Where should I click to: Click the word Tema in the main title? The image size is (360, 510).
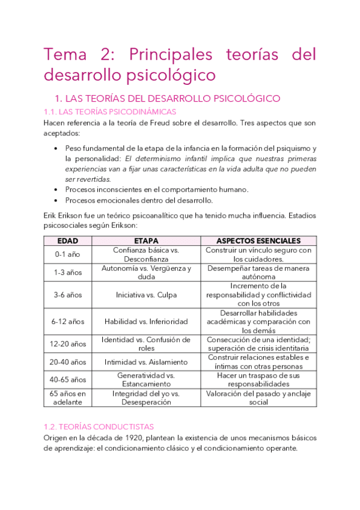[65, 55]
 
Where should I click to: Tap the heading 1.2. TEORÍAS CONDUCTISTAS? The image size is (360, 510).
[99, 426]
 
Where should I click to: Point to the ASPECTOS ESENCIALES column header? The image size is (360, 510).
[258, 241]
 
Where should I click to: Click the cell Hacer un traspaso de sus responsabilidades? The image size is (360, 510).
[258, 379]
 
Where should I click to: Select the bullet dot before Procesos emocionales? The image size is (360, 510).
[55, 200]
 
